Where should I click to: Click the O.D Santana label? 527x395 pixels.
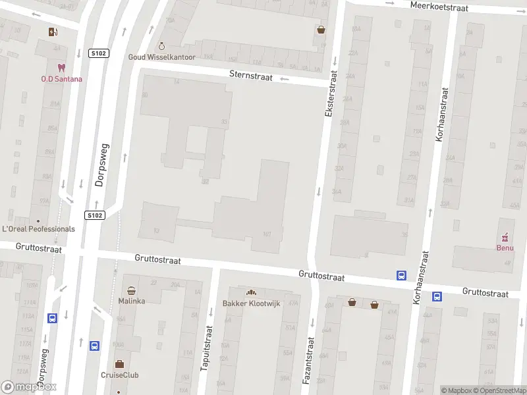[62, 79]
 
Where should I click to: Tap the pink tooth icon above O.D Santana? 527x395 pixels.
[62, 68]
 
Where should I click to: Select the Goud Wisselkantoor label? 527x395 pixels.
[161, 57]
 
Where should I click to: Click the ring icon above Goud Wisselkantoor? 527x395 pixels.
[162, 46]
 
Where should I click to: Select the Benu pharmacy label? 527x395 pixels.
[505, 248]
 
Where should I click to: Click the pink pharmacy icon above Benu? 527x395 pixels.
[505, 236]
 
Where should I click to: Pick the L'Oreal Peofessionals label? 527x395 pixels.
[39, 229]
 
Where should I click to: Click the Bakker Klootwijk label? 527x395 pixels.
[250, 303]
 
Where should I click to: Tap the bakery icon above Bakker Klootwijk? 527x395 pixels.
[250, 292]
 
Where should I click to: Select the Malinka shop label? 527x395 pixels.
[132, 301]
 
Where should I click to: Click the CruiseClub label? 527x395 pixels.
[119, 375]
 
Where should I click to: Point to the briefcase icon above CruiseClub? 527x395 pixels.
[119, 364]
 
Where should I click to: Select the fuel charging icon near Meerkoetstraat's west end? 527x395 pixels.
[53, 32]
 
